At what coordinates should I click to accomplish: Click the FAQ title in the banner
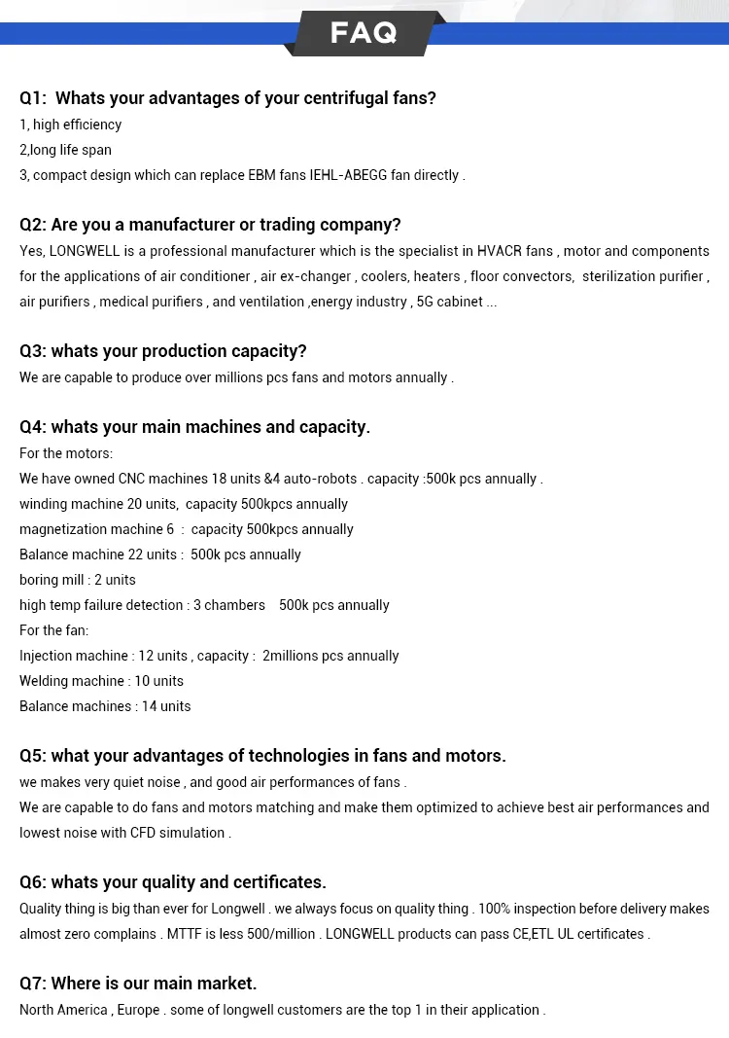pos(364,33)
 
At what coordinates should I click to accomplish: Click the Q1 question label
pos(33,98)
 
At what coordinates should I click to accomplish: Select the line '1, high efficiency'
pos(70,125)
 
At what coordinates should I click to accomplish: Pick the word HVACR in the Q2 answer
pos(500,251)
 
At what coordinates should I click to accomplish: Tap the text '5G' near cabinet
pos(426,302)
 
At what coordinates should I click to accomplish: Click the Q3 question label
pos(33,351)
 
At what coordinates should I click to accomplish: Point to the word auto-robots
pos(321,479)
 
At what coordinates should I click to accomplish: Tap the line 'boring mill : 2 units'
pos(78,580)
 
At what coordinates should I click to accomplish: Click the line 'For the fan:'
pos(53,630)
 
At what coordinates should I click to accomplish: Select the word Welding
pos(45,681)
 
